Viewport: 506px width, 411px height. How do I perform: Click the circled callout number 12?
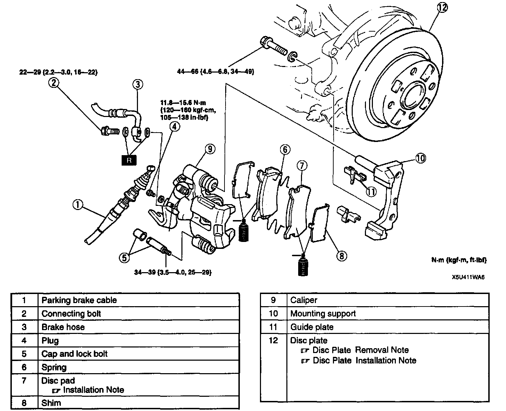click(x=442, y=8)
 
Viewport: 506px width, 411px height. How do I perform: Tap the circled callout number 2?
click(x=54, y=83)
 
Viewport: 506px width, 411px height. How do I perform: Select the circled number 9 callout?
click(x=210, y=149)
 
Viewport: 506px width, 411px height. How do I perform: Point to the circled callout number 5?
click(x=124, y=258)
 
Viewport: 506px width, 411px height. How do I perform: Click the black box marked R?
click(x=129, y=160)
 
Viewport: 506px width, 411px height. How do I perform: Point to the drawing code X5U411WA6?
click(x=468, y=277)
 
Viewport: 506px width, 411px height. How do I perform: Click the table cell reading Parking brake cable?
click(x=79, y=300)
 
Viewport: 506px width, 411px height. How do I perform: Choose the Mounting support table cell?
click(x=323, y=314)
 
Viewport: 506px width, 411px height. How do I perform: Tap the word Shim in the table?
click(x=51, y=403)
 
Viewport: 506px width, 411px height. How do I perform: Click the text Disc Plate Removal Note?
click(x=360, y=350)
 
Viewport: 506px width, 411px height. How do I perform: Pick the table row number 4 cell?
click(x=24, y=341)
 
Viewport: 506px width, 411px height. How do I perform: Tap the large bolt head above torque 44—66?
click(x=265, y=42)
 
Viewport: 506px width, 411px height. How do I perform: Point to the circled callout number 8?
click(x=342, y=256)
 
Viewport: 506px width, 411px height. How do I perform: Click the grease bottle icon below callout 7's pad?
click(x=303, y=265)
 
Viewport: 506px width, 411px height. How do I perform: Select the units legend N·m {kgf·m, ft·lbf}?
click(x=459, y=260)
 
